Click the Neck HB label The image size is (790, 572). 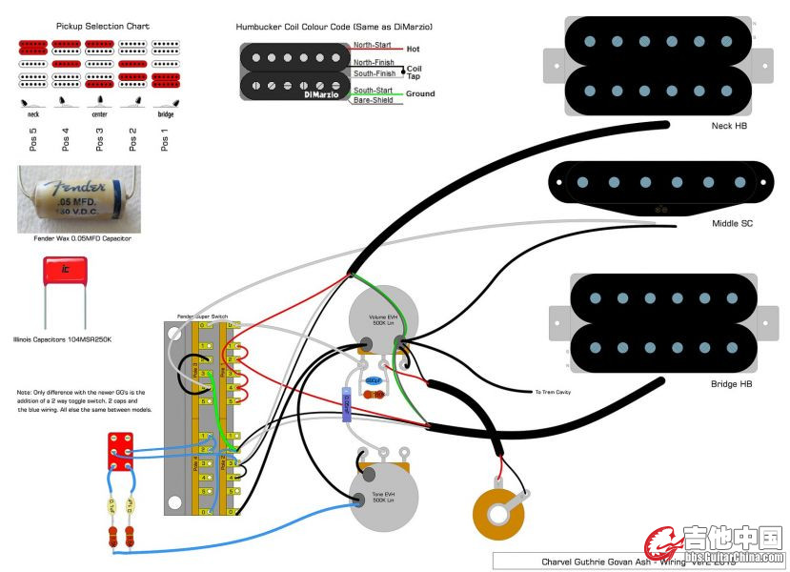pyautogui.click(x=729, y=126)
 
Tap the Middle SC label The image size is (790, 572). pyautogui.click(x=732, y=223)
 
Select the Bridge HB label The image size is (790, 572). pyautogui.click(x=731, y=383)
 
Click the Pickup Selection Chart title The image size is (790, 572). pyautogui.click(x=103, y=26)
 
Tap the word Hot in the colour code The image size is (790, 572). pyautogui.click(x=414, y=49)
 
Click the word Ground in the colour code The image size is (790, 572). pyautogui.click(x=420, y=93)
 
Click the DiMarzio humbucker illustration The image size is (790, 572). pyautogui.click(x=295, y=72)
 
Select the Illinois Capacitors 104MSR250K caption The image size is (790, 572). pyautogui.click(x=63, y=338)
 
